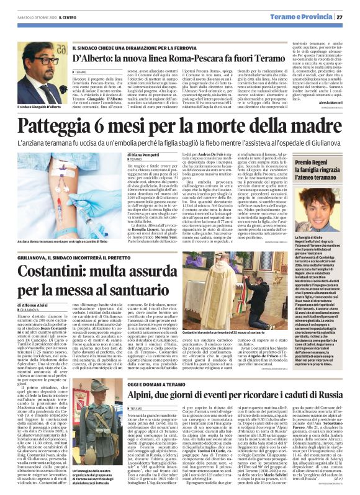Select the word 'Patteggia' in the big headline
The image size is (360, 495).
tap(62, 127)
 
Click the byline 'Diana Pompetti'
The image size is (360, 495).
tap(147, 154)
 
